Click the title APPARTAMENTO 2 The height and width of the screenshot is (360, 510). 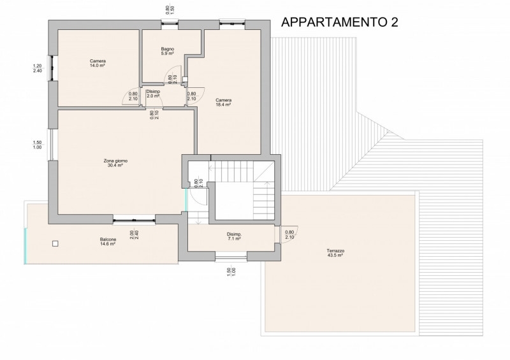340,22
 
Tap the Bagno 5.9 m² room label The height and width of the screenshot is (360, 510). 168,52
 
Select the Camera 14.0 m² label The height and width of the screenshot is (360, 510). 98,63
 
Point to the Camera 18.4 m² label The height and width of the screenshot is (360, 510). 224,103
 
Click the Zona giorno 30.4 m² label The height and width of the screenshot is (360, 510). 115,163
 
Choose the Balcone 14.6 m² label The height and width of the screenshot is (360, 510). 108,242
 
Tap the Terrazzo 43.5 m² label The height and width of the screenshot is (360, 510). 335,253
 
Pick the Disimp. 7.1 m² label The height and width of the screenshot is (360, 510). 234,236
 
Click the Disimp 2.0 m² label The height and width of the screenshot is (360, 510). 153,94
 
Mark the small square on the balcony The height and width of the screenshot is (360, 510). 55,243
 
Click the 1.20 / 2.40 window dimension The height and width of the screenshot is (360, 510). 38,68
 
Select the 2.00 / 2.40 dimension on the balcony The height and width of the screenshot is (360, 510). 134,235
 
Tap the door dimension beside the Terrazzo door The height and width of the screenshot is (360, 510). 289,234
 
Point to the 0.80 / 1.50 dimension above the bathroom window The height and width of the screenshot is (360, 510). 170,10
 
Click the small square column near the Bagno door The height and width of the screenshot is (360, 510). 185,79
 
